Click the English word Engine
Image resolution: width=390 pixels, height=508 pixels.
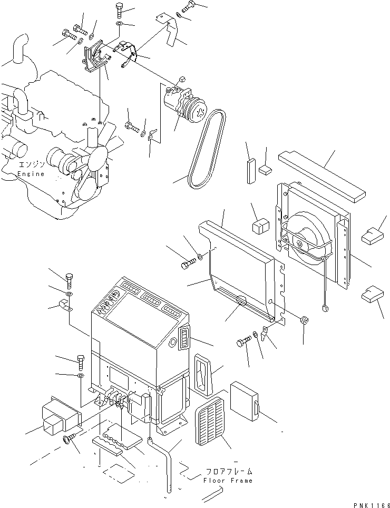click(x=31, y=174)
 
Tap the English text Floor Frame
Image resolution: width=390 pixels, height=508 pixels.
click(x=228, y=480)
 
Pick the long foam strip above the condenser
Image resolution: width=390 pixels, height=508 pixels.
click(x=322, y=177)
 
